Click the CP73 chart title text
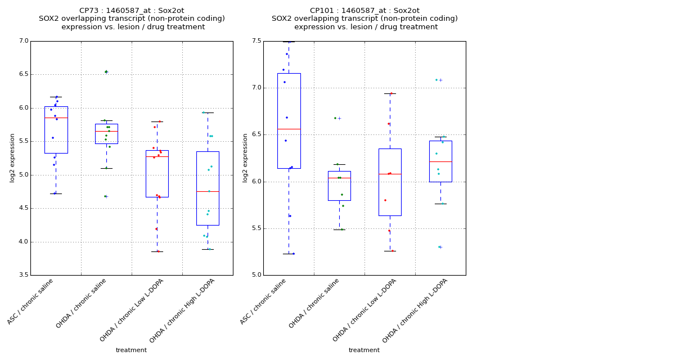[x=132, y=19]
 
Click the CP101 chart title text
[x=364, y=19]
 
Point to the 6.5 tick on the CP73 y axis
[x=24, y=74]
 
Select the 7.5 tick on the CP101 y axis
[x=256, y=41]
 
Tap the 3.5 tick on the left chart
[x=24, y=275]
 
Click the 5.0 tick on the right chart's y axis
[x=256, y=275]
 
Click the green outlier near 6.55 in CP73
[x=106, y=71]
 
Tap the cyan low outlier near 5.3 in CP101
[x=440, y=247]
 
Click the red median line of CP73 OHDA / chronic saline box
[x=106, y=131]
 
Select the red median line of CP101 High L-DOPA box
[x=440, y=161]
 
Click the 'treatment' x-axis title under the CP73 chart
[x=131, y=350]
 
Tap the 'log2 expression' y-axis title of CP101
[x=246, y=157]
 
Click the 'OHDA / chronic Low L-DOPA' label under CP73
[x=132, y=310]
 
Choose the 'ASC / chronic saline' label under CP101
[x=263, y=301]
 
